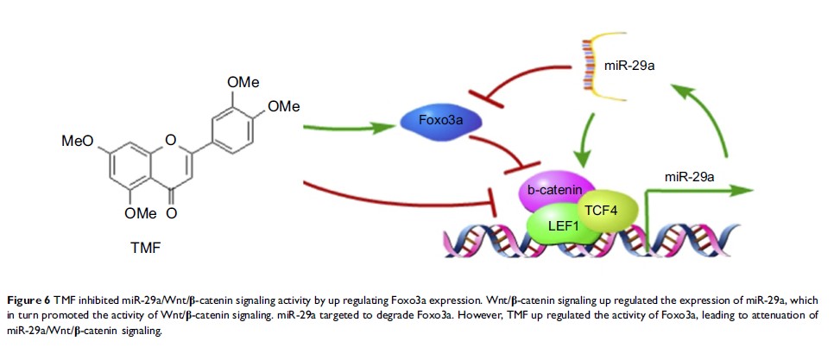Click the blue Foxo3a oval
[438, 121]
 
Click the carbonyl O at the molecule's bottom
[174, 211]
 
